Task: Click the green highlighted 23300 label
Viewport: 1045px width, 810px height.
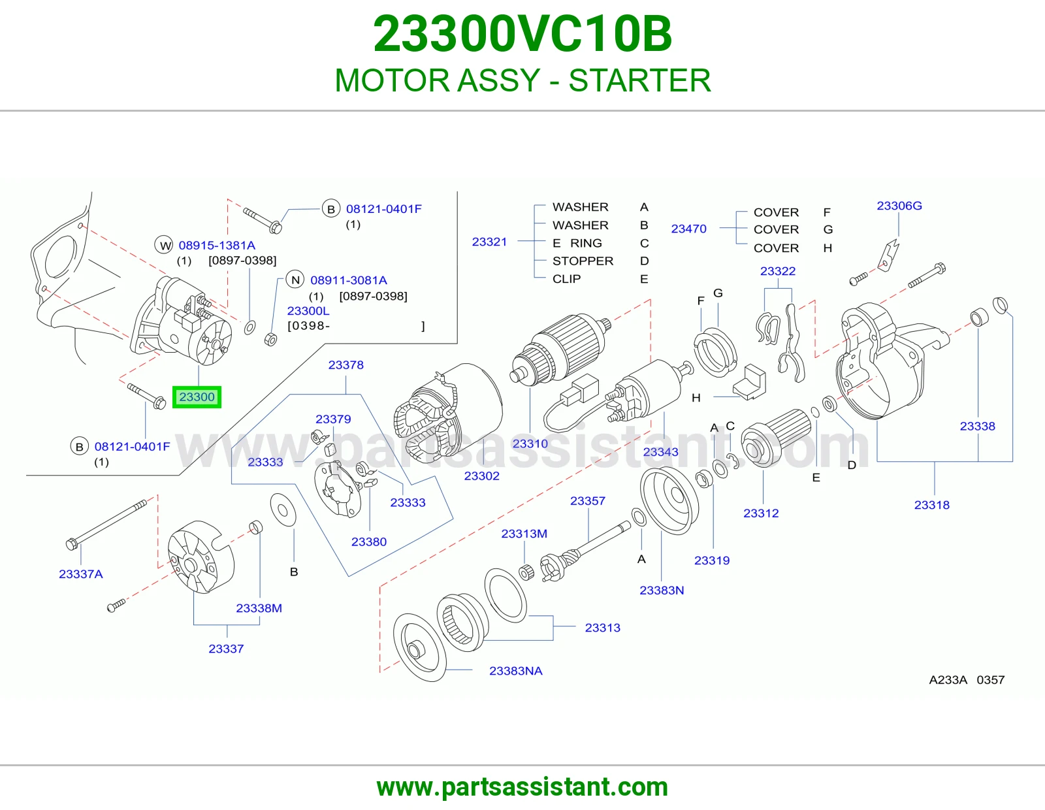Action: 197,397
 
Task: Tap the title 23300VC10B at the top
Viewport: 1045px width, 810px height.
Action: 522,34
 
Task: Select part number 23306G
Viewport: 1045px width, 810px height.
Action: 899,206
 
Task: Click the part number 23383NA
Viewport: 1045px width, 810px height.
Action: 515,670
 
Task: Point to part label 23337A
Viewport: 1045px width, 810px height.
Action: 81,574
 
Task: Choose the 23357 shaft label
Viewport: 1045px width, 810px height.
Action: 588,501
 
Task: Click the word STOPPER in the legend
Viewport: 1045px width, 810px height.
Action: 583,261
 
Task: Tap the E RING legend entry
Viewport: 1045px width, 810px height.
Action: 577,243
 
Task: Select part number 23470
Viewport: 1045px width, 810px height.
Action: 688,229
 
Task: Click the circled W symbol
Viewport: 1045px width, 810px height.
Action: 164,246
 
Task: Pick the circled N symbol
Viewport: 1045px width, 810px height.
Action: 295,280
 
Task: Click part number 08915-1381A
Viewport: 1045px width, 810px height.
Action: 217,246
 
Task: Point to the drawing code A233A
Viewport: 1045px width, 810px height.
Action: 948,679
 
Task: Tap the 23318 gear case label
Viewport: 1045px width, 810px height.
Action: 932,504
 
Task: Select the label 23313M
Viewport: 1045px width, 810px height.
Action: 524,534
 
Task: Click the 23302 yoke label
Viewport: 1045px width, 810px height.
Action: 482,476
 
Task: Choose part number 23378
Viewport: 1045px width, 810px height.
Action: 346,364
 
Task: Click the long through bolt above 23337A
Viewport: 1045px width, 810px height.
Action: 106,525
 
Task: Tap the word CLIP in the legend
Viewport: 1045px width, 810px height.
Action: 566,278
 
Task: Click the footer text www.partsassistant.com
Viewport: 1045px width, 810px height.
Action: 522,787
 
